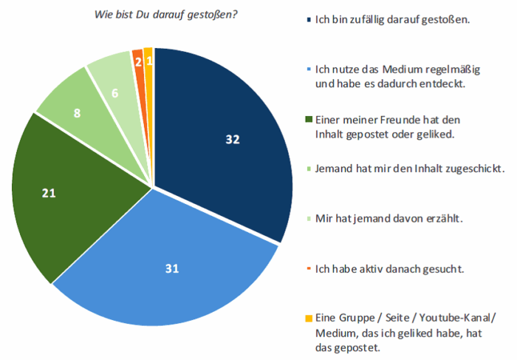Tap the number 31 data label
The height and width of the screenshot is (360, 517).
coord(173,269)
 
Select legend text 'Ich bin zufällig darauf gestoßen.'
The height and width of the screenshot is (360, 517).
coord(392,20)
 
